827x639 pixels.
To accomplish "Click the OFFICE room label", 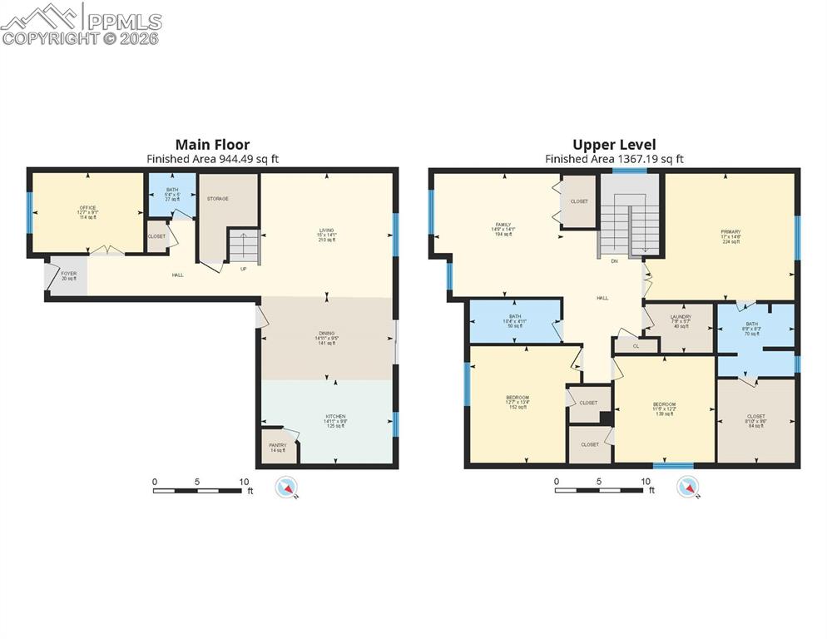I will coord(88,208).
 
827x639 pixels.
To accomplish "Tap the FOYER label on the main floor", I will coord(67,275).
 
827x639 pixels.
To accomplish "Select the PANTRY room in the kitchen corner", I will coord(277,445).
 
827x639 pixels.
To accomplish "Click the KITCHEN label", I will coord(335,416).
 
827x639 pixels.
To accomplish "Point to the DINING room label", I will coord(326,334).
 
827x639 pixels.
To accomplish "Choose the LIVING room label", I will coord(326,230).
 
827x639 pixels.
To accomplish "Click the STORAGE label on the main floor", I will coord(218,199).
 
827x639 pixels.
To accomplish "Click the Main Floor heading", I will coord(212,144).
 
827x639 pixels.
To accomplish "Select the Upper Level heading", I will coord(614,144).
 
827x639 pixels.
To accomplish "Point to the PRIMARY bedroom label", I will coord(730,231).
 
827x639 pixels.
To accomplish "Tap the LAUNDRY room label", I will coord(681,317).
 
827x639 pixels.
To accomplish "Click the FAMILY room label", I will coord(503,225).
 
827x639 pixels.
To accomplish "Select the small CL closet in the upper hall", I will coord(636,345).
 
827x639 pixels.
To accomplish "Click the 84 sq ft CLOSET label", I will coord(755,416).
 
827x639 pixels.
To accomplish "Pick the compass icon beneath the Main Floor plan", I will coord(287,487).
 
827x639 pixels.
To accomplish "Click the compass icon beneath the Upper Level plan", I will coord(689,487).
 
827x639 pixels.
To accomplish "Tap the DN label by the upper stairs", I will coord(614,261).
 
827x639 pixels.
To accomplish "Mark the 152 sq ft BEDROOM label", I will coord(517,398).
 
